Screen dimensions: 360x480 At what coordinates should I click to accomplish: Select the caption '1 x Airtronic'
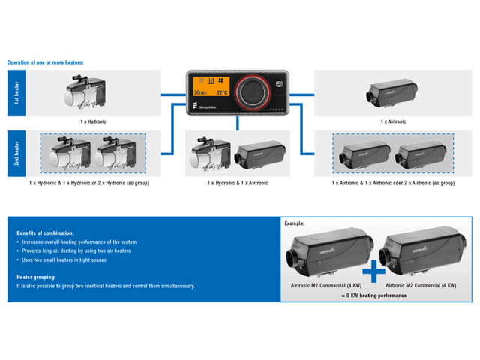point(392,121)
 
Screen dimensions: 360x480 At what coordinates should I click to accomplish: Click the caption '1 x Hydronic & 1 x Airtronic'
point(237,183)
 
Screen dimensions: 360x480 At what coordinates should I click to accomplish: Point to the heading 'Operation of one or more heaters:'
point(45,62)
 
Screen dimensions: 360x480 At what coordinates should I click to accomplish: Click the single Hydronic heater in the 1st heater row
point(84,91)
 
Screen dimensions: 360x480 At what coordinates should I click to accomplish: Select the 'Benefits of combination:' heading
point(45,233)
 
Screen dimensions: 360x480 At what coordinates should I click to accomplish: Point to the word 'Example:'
point(295,223)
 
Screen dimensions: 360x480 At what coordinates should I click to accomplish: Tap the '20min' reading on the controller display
point(199,93)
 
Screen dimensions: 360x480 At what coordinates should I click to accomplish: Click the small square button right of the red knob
point(280,84)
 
